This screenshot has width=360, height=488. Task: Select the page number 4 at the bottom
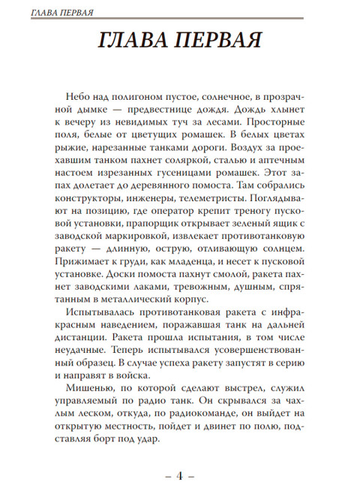180,474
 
